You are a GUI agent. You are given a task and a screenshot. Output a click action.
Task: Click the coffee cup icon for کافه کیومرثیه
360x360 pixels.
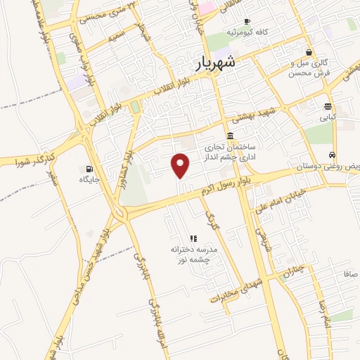coord(229,32)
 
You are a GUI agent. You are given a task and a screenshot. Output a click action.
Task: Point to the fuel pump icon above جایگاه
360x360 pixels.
coord(89,169)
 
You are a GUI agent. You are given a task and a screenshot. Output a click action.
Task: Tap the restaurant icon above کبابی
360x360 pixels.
coord(328,106)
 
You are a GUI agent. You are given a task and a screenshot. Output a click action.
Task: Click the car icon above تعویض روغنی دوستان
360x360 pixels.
coord(332,156)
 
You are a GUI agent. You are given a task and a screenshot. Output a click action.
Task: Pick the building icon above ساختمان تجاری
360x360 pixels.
coord(230,136)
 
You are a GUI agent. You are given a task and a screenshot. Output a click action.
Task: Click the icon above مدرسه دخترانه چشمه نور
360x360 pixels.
coord(192,238)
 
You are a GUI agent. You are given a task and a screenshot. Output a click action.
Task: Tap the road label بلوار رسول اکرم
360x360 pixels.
coord(224,186)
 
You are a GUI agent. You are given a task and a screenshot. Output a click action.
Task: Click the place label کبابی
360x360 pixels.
coord(328,118)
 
